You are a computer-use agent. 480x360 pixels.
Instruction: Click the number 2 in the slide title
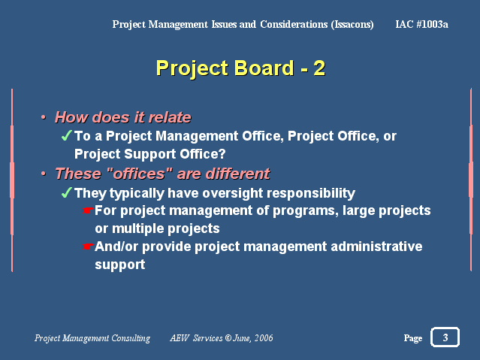point(319,68)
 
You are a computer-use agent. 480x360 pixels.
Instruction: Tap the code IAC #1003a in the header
point(421,24)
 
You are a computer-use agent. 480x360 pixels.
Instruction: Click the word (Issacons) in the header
point(352,24)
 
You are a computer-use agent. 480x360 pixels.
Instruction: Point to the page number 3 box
point(445,337)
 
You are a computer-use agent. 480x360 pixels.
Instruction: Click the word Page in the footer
point(413,338)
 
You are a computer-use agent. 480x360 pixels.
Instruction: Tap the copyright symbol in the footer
point(228,337)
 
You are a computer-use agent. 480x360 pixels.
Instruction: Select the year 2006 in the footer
point(264,337)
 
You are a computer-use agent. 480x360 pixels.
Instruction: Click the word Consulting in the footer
point(131,338)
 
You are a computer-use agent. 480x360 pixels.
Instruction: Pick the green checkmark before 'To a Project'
point(66,135)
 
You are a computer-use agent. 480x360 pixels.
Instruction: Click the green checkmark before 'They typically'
point(66,192)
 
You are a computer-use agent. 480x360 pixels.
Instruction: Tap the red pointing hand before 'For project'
point(87,210)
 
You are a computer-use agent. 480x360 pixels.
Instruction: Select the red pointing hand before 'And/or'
point(87,247)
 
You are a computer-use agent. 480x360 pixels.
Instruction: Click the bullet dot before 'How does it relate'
point(44,117)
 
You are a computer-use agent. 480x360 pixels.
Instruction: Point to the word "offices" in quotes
point(140,174)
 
